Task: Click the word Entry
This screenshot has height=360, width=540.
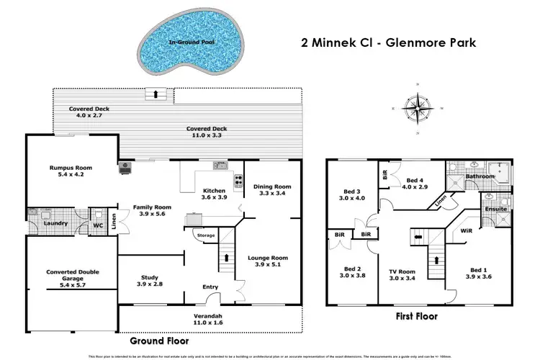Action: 210,287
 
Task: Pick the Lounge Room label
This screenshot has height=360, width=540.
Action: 267,257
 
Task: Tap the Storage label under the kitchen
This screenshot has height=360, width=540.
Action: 206,235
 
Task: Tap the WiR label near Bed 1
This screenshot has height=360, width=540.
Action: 466,232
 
